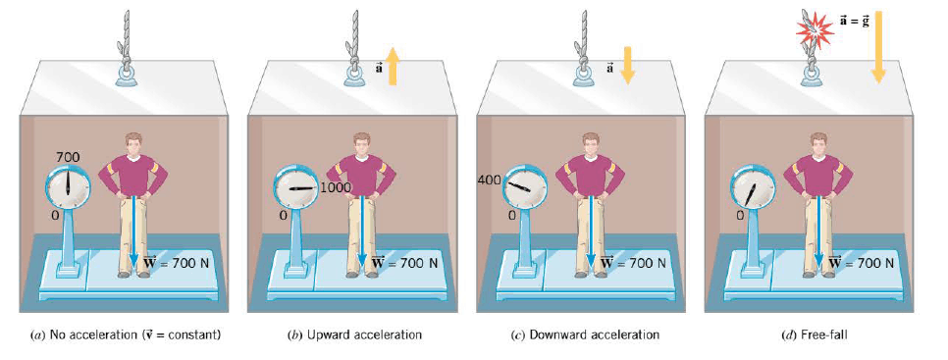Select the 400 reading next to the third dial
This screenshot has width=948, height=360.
pyautogui.click(x=490, y=180)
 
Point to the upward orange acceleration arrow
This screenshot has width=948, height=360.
pyautogui.click(x=393, y=67)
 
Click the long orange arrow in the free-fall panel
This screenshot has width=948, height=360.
pyautogui.click(x=878, y=47)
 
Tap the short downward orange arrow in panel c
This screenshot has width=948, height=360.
pyautogui.click(x=626, y=65)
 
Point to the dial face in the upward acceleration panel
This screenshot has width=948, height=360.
pyautogui.click(x=296, y=189)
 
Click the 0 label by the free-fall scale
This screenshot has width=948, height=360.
pyautogui.click(x=739, y=216)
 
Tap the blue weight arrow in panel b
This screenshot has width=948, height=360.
pyautogui.click(x=361, y=231)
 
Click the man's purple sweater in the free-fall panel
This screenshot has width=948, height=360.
pyautogui.click(x=818, y=176)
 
